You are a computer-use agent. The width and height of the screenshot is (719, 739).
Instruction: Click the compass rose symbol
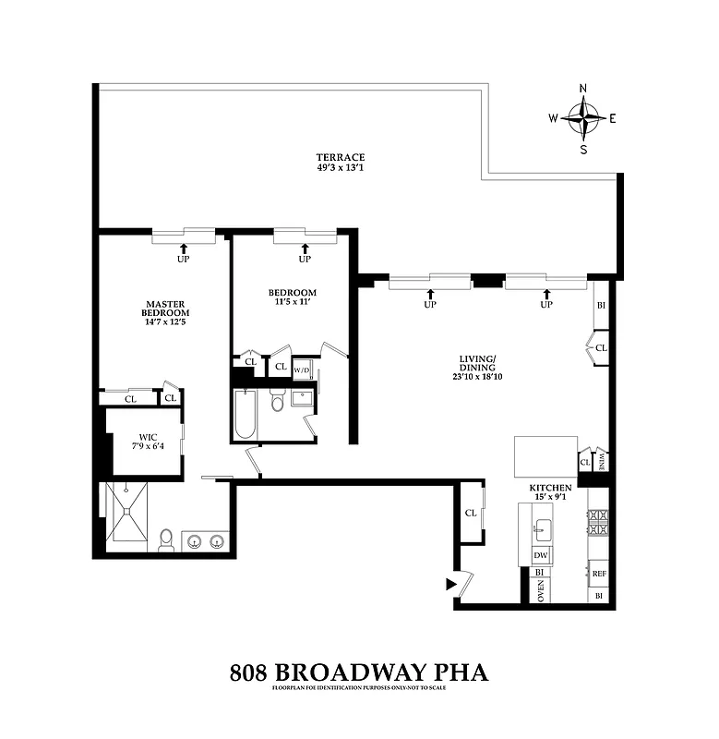(583, 118)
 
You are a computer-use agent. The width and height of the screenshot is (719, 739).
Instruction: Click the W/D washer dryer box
(303, 370)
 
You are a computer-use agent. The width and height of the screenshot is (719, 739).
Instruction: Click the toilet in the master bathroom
(166, 540)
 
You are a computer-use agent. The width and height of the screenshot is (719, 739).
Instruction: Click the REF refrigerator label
(599, 574)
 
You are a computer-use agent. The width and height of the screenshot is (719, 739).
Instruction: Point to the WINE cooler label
(602, 460)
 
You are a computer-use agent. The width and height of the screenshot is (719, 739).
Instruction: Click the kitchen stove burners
(598, 525)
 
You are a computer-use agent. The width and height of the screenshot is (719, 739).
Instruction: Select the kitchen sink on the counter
(543, 529)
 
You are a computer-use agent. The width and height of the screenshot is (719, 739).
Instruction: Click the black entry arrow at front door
(451, 584)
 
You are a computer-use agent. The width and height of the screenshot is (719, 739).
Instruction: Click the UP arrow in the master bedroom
(183, 248)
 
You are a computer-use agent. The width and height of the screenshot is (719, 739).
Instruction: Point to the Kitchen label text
(550, 488)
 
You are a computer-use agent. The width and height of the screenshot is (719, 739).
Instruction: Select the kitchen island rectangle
(545, 454)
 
